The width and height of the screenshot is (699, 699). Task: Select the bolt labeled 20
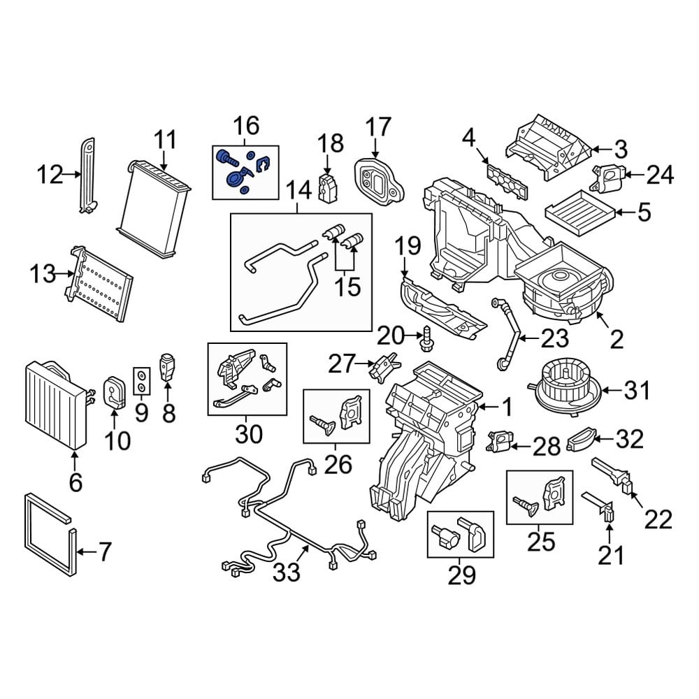click(x=425, y=338)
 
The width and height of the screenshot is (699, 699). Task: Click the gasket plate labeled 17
click(x=377, y=179)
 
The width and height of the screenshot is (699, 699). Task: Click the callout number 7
click(x=103, y=553)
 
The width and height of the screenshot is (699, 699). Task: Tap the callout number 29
click(x=461, y=575)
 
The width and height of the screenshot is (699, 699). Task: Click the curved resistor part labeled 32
click(x=583, y=440)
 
